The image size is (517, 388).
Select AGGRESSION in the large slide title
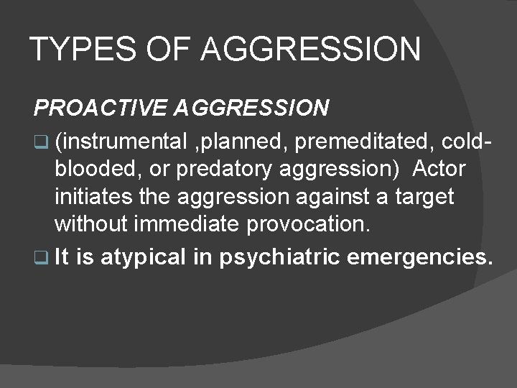[310, 50]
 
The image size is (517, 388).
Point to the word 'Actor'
[439, 170]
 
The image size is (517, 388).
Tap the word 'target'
[421, 196]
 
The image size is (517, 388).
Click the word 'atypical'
[143, 258]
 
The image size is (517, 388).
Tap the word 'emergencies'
[419, 258]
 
